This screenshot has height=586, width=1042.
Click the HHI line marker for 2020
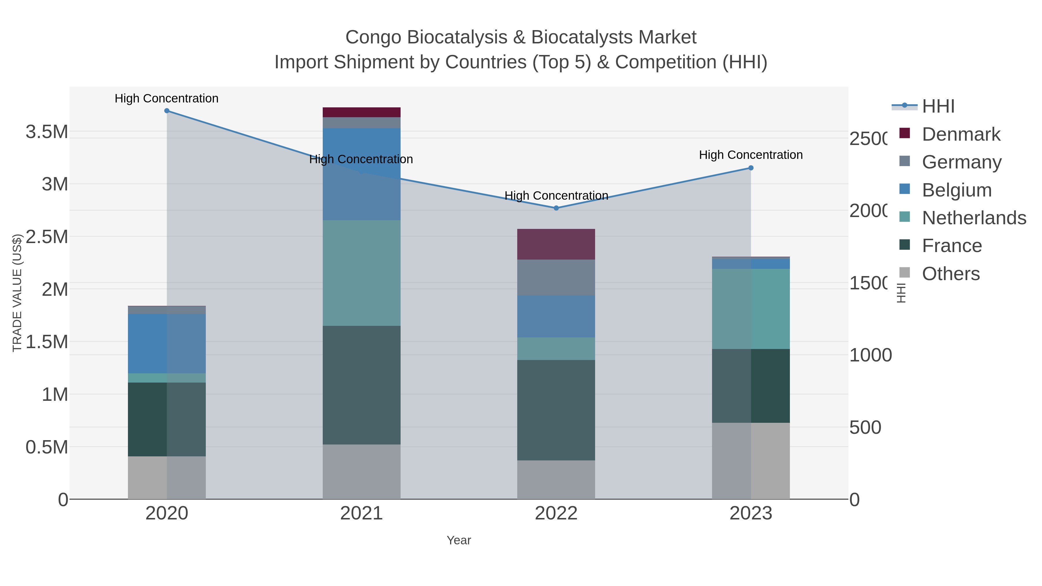pos(167,111)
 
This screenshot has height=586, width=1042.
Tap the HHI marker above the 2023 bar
pos(751,168)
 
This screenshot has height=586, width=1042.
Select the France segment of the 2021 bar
pos(361,385)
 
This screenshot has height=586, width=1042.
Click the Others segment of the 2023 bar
pos(751,461)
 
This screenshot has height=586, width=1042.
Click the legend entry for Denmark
pos(961,134)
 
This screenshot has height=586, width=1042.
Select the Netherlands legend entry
pos(974,218)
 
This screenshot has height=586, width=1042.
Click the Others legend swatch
pos(905,273)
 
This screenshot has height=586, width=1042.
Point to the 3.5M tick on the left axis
pos(47,132)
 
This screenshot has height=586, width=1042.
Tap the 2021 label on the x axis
pos(361,514)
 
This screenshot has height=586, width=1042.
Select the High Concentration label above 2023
pos(751,155)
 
